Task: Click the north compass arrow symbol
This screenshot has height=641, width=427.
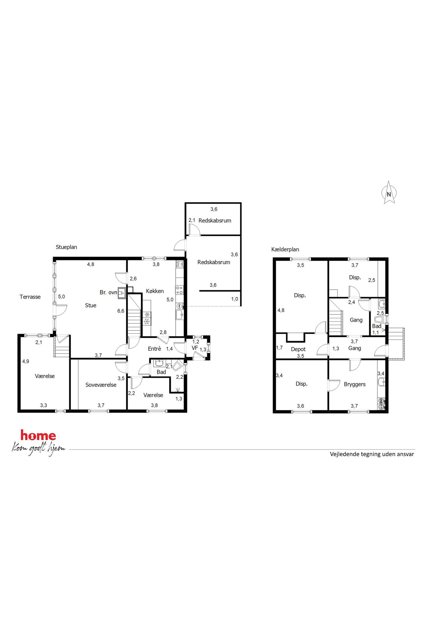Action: coord(389,192)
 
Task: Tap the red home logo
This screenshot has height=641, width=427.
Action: coord(38,435)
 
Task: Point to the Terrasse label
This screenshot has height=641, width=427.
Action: coord(30,297)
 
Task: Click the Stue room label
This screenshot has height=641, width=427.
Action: coord(91,305)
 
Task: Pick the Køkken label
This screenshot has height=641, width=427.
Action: coord(155,291)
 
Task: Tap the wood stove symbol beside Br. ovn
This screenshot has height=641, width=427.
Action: coord(122,293)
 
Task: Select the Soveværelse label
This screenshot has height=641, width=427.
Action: coord(101,385)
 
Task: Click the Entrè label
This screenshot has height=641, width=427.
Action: coord(154,349)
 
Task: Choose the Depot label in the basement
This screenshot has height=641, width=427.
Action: coord(298,349)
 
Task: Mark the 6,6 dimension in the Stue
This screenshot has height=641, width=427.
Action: coord(121,311)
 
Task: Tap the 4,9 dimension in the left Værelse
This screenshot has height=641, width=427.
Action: coord(26,361)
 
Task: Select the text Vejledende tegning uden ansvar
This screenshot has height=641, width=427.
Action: coord(372,454)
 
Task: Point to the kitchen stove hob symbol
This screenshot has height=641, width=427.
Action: coord(179,290)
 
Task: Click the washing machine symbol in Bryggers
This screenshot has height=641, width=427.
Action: coord(381,401)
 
